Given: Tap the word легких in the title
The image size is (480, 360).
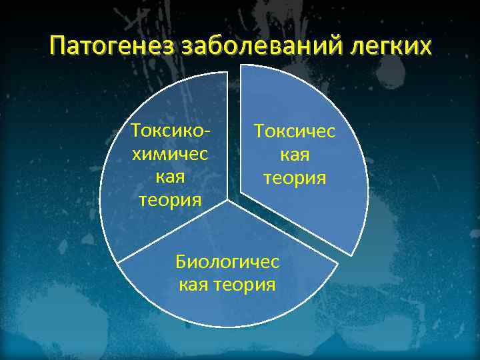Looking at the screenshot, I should pyautogui.click(x=391, y=47).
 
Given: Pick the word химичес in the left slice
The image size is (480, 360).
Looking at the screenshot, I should pyautogui.click(x=171, y=154).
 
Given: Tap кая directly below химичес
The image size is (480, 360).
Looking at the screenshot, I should pyautogui.click(x=171, y=177).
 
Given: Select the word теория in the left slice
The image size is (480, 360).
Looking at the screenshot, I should pyautogui.click(x=171, y=200).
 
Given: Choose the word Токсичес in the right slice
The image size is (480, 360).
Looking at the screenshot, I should pyautogui.click(x=294, y=131).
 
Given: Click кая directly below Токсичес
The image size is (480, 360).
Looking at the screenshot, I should pyautogui.click(x=294, y=155).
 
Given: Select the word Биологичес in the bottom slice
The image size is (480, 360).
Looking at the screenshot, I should pyautogui.click(x=227, y=261).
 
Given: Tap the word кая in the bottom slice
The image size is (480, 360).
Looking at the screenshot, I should pyautogui.click(x=195, y=285).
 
